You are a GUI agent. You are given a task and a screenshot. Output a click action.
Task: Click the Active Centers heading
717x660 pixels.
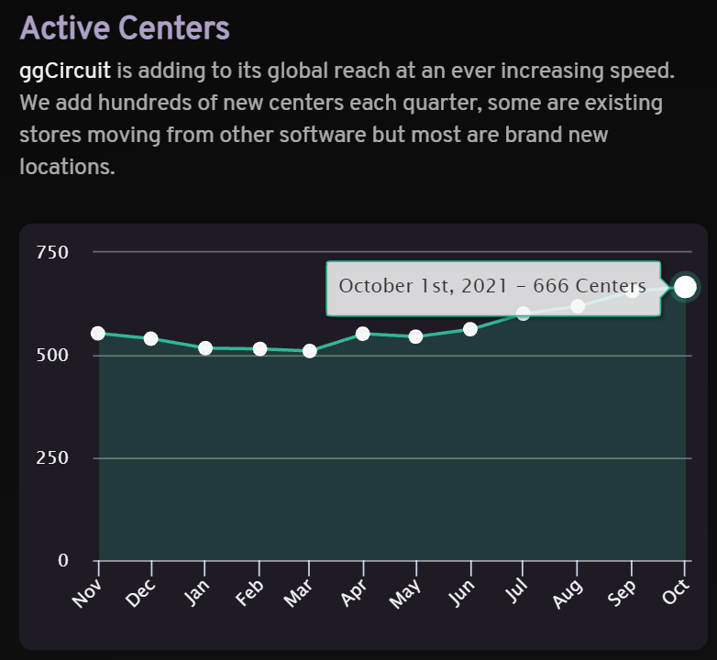pos(125,27)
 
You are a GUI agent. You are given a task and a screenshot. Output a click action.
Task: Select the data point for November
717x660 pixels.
pos(98,334)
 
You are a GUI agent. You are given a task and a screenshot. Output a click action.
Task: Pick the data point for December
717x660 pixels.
pos(151,339)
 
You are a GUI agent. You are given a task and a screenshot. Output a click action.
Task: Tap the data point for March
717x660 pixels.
pos(310,351)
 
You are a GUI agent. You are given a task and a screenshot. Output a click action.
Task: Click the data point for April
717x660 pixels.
pos(363,334)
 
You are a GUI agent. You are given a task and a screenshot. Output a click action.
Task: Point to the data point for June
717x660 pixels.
pos(470,329)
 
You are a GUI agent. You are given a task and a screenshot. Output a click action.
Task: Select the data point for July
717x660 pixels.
pos(524,313)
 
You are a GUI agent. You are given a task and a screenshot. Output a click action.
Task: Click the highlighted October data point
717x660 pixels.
pos(685,288)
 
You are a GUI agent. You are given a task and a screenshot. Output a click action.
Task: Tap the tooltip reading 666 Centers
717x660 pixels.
pos(492,287)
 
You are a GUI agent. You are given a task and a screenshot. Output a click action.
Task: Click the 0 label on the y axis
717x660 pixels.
pos(63,560)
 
